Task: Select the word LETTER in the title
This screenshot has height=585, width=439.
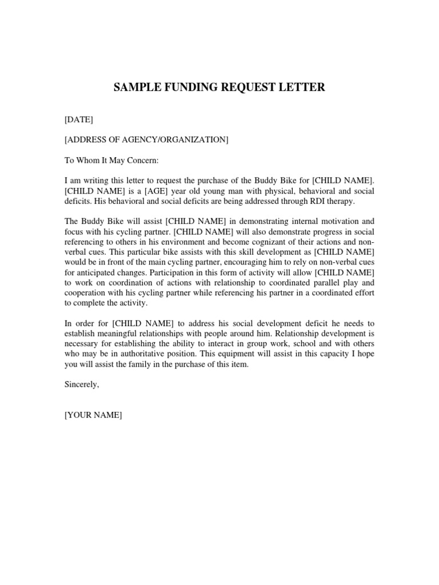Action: click(x=303, y=87)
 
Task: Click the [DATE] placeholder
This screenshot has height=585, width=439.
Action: click(x=79, y=119)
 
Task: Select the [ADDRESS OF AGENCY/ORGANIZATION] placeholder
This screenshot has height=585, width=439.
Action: click(x=146, y=140)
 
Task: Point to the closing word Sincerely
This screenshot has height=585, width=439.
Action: click(x=82, y=385)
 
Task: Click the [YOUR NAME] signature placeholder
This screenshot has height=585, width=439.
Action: click(x=93, y=415)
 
